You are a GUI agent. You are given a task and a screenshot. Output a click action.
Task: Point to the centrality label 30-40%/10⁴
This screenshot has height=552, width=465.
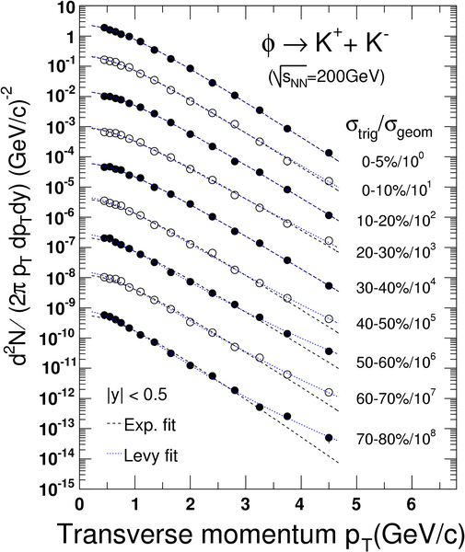tap(394, 286)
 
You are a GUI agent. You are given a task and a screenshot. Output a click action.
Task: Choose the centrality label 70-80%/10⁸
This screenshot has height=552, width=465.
tap(396, 438)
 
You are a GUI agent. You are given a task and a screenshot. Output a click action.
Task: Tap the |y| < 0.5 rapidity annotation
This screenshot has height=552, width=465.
tap(137, 395)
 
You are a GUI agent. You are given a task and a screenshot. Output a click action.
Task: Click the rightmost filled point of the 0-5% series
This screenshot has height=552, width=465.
tap(329, 153)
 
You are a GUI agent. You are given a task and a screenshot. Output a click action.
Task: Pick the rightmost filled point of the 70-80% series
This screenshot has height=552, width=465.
tap(329, 438)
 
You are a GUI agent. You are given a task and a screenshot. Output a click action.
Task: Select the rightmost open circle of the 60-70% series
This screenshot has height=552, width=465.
tap(329, 392)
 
